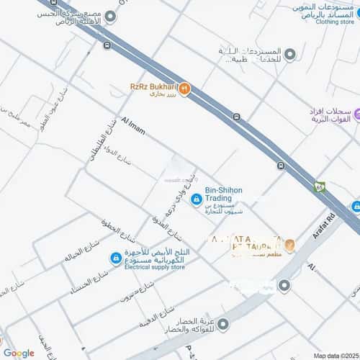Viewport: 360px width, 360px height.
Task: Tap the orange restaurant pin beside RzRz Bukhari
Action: pos(184,89)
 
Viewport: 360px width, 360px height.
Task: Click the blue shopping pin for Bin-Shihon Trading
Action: pos(197,199)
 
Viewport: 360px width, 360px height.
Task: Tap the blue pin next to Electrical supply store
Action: pos(116,258)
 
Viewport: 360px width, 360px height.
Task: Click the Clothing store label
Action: pos(336,22)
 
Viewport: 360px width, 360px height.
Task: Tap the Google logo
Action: pos(19,352)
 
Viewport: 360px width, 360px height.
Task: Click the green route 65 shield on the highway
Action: pos(320,186)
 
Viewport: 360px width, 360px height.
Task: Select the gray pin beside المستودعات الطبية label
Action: pos(289,54)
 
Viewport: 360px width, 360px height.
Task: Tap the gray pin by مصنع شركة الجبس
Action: pos(109,15)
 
